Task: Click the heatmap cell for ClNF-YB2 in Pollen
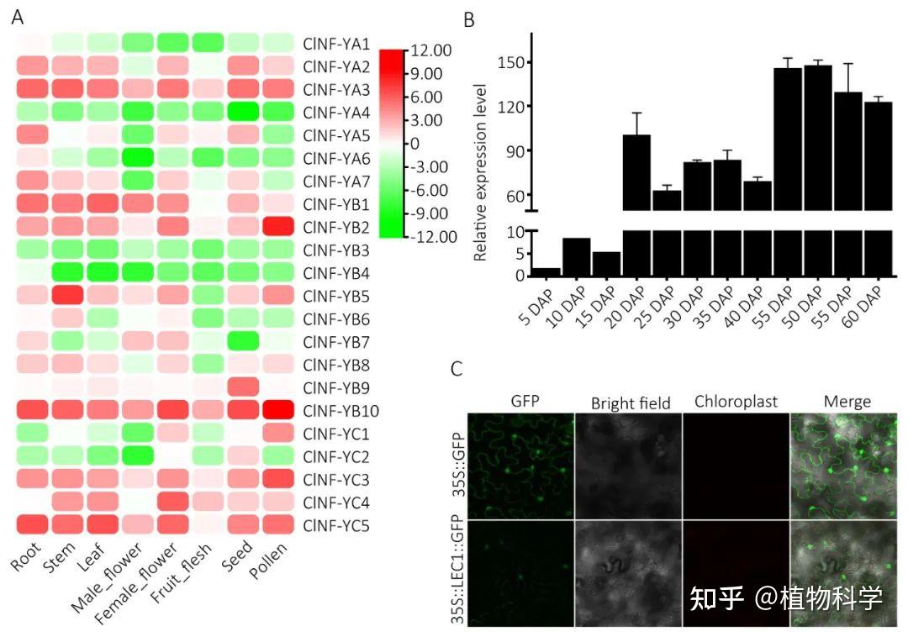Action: point(277,226)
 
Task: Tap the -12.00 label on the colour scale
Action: point(433,237)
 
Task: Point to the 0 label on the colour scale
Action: point(414,144)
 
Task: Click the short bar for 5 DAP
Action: point(546,271)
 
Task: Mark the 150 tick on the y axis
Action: point(511,62)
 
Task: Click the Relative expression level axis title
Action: point(481,172)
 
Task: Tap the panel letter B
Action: point(469,18)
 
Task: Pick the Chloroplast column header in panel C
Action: point(735,402)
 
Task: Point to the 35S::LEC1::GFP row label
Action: point(459,573)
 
